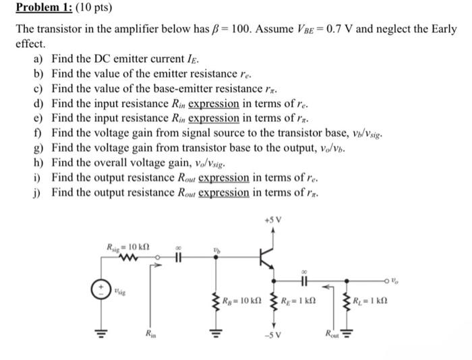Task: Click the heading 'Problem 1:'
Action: pos(41,9)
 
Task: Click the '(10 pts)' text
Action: pos(92,9)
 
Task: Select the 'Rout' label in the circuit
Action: pos(331,332)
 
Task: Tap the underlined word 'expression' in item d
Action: pos(214,104)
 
